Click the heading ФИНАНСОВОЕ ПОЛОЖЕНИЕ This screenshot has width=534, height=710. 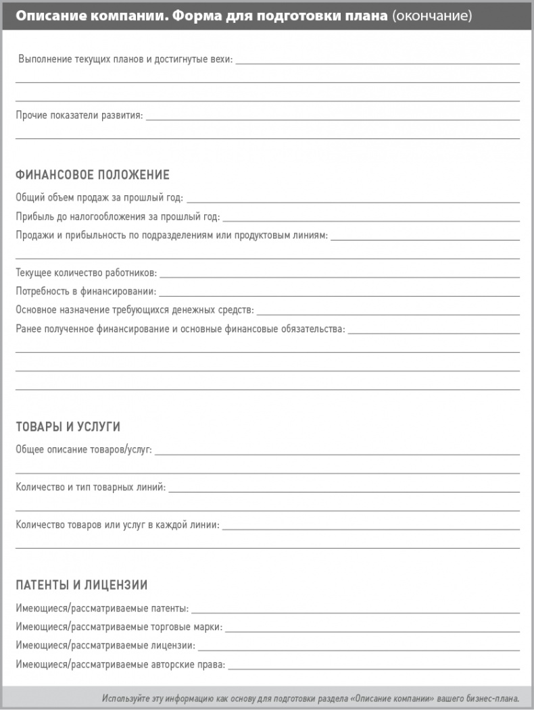(x=92, y=175)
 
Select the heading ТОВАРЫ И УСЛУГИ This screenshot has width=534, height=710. (x=68, y=427)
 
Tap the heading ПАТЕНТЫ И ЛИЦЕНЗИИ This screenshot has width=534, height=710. (x=81, y=585)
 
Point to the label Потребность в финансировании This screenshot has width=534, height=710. (x=86, y=292)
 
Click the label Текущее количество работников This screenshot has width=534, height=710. (x=87, y=273)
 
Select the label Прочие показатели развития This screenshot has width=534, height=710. (x=79, y=116)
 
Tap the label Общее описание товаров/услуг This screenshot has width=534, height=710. (x=84, y=449)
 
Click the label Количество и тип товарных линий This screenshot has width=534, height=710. (x=91, y=487)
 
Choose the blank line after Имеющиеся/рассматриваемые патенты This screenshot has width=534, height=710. (x=355, y=612)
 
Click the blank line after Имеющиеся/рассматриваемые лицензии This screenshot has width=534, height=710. (x=358, y=649)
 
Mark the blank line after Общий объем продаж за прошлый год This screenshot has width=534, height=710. (x=352, y=202)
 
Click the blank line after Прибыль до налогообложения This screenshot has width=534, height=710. (x=370, y=221)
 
